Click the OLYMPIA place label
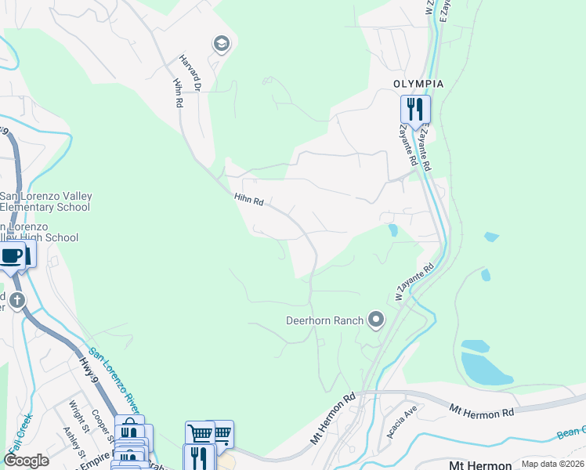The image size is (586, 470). point(418,84)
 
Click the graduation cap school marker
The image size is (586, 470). point(221,44)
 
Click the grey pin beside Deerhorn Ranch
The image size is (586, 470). point(377,319)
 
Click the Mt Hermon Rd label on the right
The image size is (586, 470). point(481,410)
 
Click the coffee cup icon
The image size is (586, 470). point(11,255)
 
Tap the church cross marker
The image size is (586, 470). point(17,299)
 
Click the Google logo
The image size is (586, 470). point(27,461)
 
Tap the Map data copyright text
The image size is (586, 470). point(552,464)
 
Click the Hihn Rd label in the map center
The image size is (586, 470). point(248,201)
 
